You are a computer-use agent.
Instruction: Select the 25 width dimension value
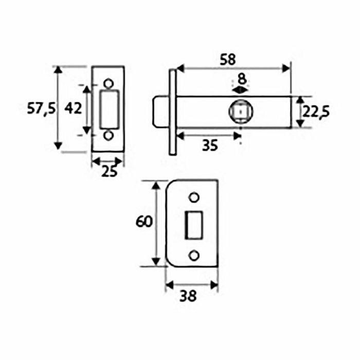[x=109, y=171]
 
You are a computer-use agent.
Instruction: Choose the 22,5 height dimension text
[x=315, y=112]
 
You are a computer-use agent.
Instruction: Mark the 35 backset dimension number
[x=209, y=146]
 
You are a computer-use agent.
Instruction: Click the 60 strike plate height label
[x=144, y=222]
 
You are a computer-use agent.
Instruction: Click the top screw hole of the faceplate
[x=109, y=83]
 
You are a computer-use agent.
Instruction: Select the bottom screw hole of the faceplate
[x=109, y=135]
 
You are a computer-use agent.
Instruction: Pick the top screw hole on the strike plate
[x=193, y=197]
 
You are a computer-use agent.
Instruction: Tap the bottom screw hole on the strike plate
[x=193, y=256]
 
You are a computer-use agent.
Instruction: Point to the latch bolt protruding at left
[x=160, y=112]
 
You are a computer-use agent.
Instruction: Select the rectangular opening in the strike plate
[x=193, y=225]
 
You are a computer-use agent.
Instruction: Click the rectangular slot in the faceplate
[x=109, y=109]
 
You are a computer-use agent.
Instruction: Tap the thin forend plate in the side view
[x=172, y=112]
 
